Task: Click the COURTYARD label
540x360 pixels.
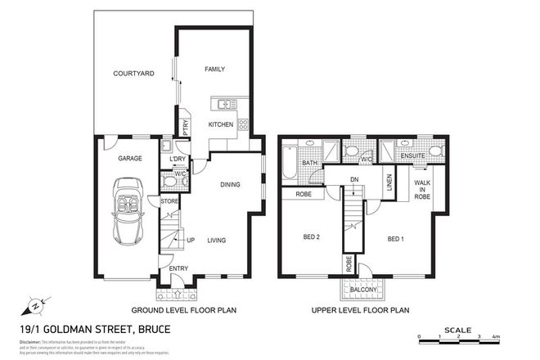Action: tap(134, 74)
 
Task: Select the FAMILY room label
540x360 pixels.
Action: tap(214, 70)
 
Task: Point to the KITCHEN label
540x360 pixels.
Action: tap(220, 124)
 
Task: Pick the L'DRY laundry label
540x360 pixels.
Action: tap(178, 158)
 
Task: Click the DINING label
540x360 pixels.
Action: tap(230, 185)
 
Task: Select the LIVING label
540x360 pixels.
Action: tap(217, 240)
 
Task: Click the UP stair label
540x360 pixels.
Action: tap(191, 240)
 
